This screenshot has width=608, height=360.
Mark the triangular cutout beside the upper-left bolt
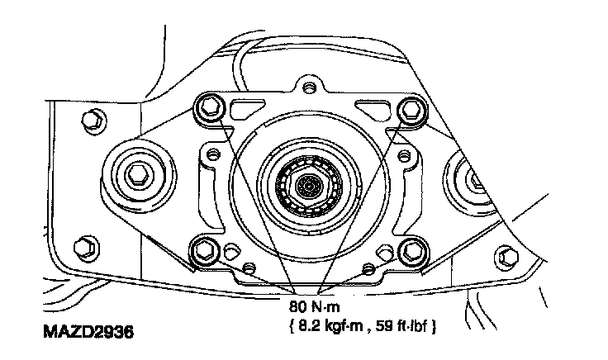click(245, 107)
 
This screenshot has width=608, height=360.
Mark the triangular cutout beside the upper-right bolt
click(369, 107)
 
